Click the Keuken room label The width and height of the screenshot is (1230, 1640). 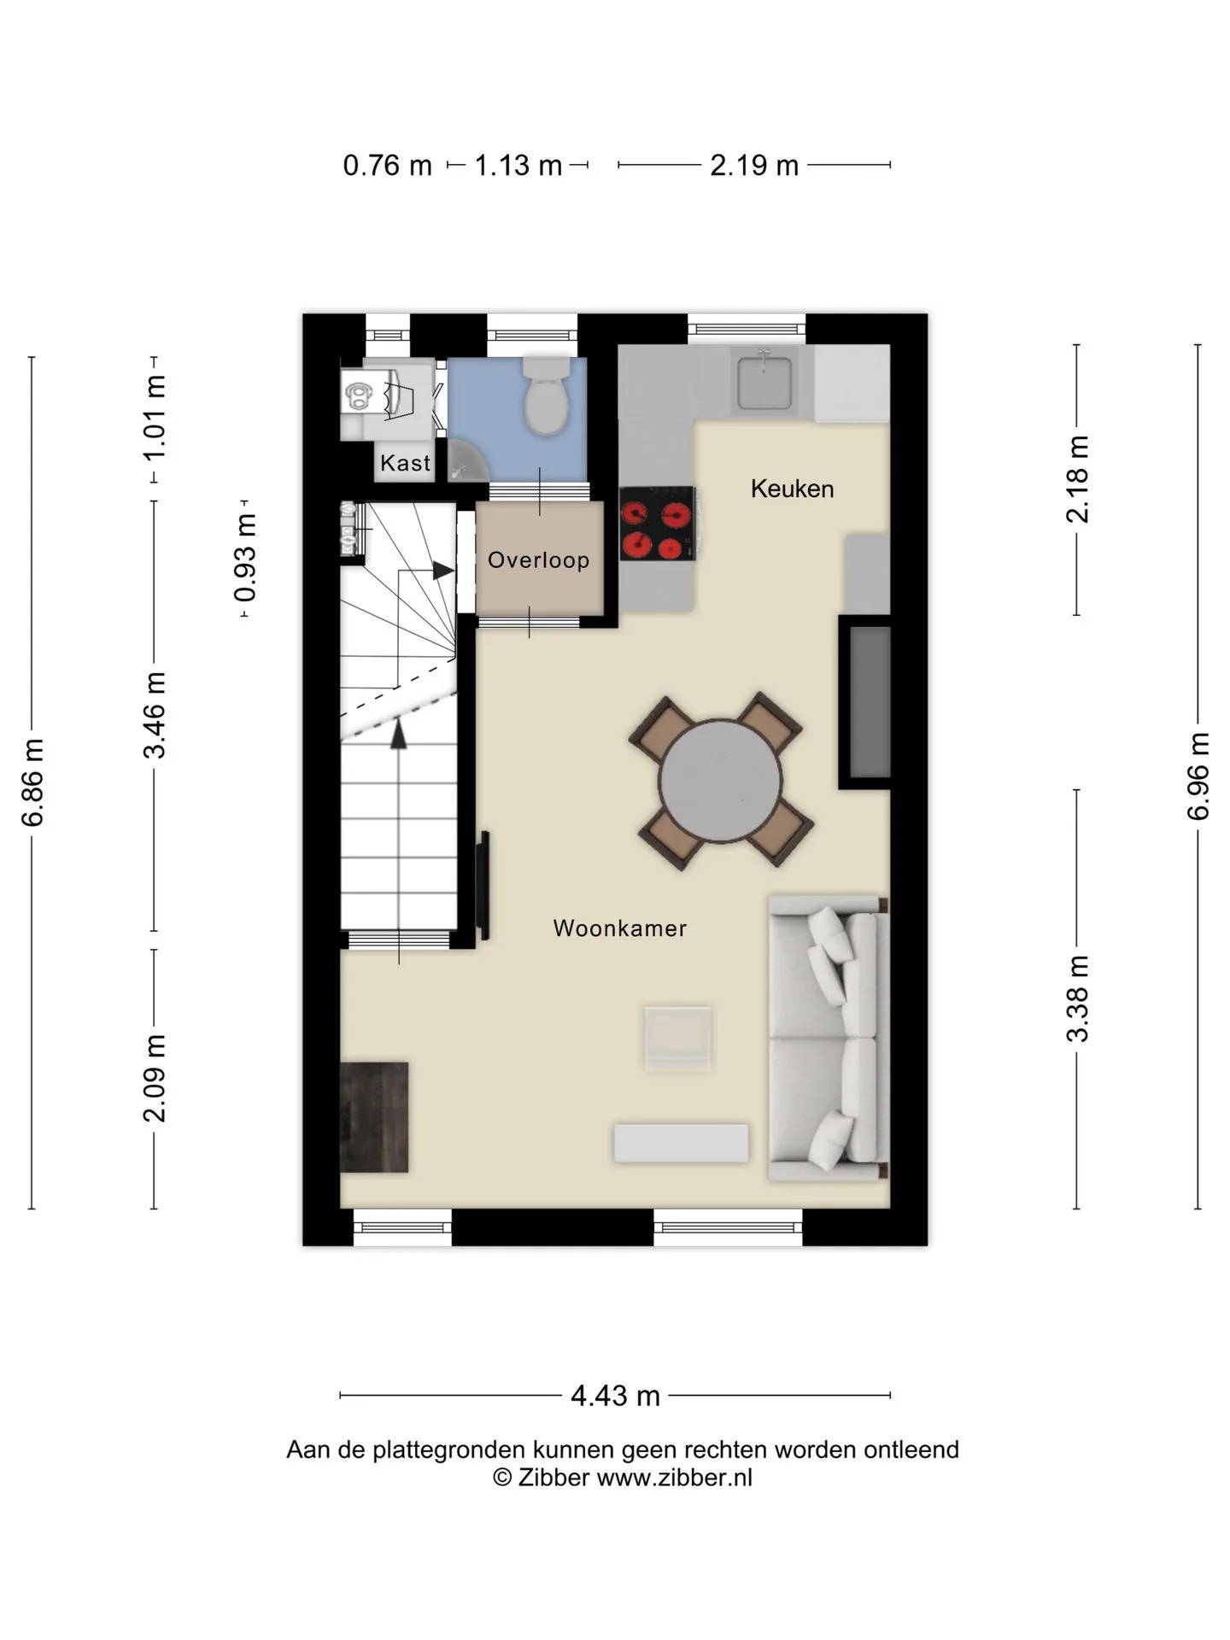tap(792, 489)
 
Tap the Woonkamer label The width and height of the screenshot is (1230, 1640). tap(619, 928)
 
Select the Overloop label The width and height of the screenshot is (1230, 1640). tap(538, 560)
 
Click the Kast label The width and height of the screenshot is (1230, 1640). tap(405, 463)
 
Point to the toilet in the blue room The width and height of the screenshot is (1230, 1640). tap(547, 395)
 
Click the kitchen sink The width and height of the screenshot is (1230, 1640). tap(764, 381)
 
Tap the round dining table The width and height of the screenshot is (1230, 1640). tap(720, 781)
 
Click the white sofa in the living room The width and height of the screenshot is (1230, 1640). tap(827, 1038)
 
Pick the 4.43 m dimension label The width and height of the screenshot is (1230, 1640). tap(615, 1396)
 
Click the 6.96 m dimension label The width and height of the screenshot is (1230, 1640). tap(1198, 776)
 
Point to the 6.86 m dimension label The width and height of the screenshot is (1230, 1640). tap(32, 782)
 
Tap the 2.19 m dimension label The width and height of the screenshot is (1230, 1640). tap(754, 165)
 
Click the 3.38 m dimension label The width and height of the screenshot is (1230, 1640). tap(1077, 999)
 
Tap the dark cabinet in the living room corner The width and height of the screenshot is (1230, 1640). tap(374, 1117)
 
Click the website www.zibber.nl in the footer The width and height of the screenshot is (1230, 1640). tap(674, 1478)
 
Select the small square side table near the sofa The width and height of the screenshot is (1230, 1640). tap(678, 1039)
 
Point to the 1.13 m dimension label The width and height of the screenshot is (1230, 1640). tap(518, 165)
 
